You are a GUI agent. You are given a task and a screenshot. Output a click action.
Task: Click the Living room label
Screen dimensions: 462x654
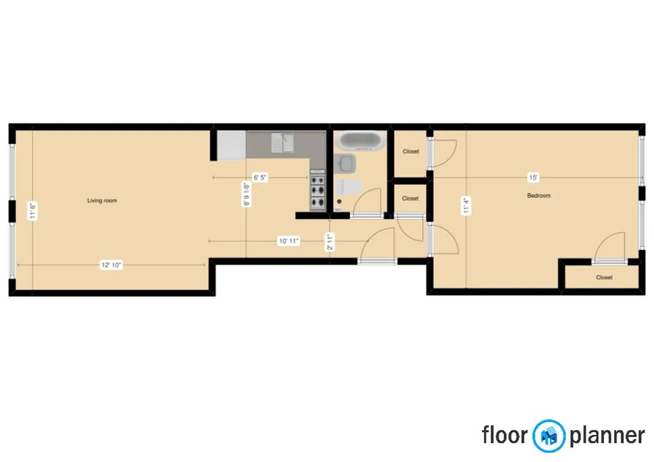pos(102,201)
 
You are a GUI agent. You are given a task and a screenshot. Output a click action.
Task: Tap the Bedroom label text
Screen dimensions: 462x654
pos(538,196)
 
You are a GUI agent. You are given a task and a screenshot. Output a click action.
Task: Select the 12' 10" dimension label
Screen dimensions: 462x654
pos(112,265)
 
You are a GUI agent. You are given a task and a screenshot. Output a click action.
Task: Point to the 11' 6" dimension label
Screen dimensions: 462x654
pos(33,210)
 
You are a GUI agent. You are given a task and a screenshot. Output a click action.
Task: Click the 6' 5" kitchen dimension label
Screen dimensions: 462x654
pos(260,178)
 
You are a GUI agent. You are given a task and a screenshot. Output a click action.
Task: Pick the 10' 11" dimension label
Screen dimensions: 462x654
pos(288,241)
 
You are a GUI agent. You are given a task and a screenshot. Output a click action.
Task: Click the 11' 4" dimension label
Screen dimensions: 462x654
pos(465,206)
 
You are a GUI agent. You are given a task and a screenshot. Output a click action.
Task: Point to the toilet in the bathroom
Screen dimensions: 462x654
pos(350,187)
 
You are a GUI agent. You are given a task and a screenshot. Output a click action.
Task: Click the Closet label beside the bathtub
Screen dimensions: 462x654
pos(411,151)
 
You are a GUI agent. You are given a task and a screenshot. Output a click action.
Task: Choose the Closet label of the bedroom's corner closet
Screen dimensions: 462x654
pos(604,278)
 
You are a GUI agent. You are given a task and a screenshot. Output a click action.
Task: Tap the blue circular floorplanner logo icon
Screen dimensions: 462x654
pos(548,435)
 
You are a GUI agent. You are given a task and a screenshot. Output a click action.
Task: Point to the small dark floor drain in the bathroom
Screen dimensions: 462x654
pos(339,202)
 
